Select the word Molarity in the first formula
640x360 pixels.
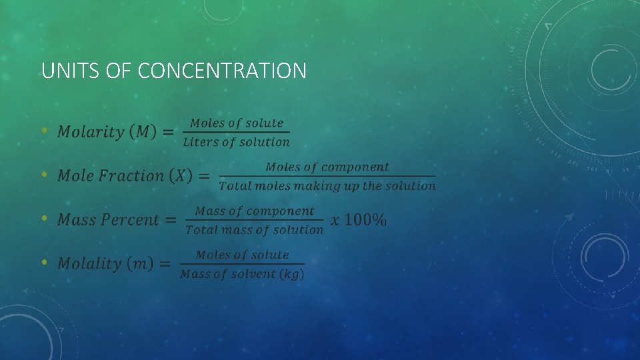pyautogui.click(x=91, y=132)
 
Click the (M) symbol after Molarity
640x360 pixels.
pyautogui.click(x=143, y=132)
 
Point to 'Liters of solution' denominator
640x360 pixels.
pyautogui.click(x=236, y=142)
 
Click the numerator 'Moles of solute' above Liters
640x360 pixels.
pyautogui.click(x=236, y=123)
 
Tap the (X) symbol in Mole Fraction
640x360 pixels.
pyautogui.click(x=180, y=176)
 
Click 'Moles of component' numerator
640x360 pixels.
pyautogui.click(x=327, y=167)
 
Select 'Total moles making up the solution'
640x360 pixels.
pyautogui.click(x=327, y=186)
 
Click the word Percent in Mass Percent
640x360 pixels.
pyautogui.click(x=129, y=220)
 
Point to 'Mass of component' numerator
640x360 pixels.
pyautogui.click(x=254, y=211)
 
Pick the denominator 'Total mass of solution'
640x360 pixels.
pyautogui.click(x=254, y=230)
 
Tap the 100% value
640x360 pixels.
pyautogui.click(x=365, y=220)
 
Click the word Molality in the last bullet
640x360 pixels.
pyautogui.click(x=89, y=264)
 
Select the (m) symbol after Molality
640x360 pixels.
pyautogui.click(x=141, y=264)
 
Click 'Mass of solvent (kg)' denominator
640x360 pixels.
pyautogui.click(x=242, y=274)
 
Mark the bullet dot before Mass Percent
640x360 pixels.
pyautogui.click(x=44, y=219)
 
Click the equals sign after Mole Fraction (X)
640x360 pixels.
pyautogui.click(x=205, y=177)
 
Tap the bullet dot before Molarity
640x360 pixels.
pyautogui.click(x=44, y=131)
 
